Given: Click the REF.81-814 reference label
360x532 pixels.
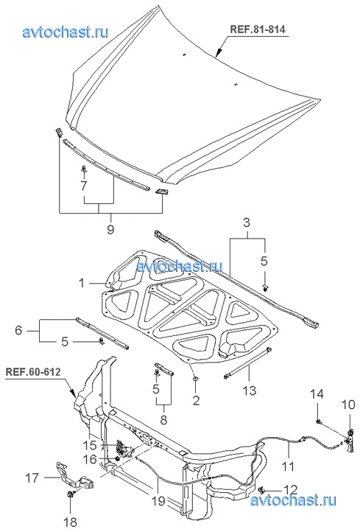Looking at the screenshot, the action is pyautogui.click(x=258, y=29).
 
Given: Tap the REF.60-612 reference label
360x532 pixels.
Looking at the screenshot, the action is pyautogui.click(x=33, y=372).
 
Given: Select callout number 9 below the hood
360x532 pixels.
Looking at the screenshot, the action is pyautogui.click(x=110, y=229).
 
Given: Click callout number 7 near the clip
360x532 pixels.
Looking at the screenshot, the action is pyautogui.click(x=83, y=185).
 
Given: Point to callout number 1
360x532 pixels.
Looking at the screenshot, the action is pyautogui.click(x=82, y=282).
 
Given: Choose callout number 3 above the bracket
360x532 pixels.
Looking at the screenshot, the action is pyautogui.click(x=247, y=223).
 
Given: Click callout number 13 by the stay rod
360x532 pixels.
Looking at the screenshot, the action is pyautogui.click(x=250, y=391).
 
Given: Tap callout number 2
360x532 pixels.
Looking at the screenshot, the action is pyautogui.click(x=196, y=400).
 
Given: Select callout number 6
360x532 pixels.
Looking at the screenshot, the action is pyautogui.click(x=18, y=330).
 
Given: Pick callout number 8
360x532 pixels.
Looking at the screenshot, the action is pyautogui.click(x=163, y=420).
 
